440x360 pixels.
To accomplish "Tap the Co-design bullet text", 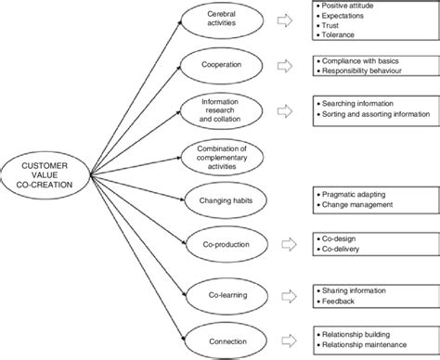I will (340, 238).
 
